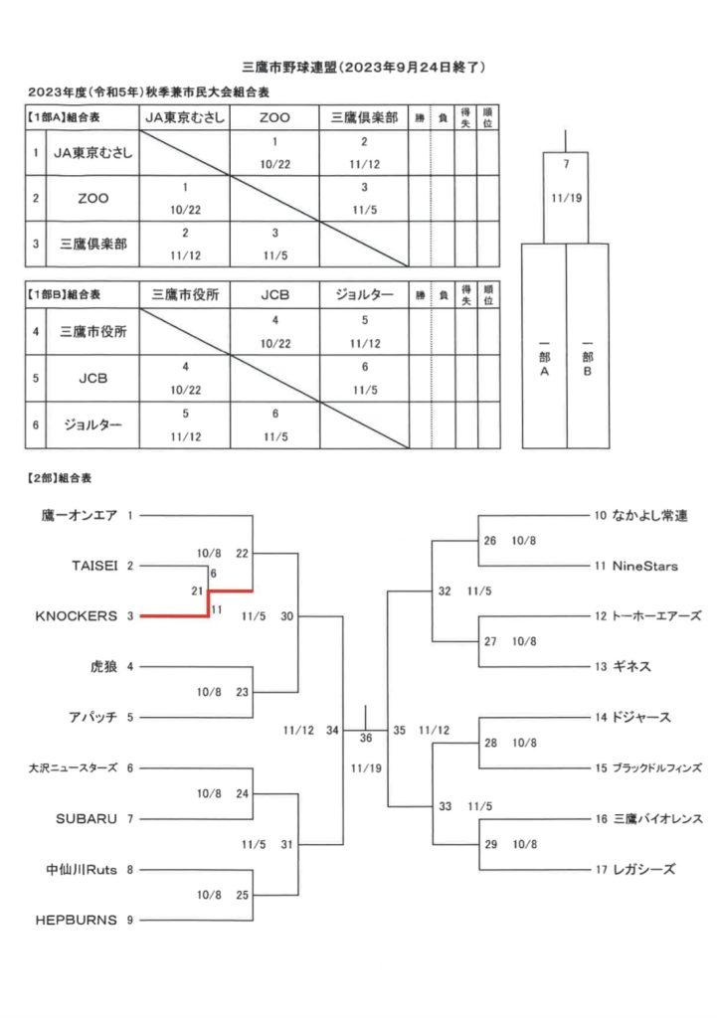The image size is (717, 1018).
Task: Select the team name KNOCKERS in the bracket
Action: [77, 616]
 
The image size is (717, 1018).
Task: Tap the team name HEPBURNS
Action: [77, 920]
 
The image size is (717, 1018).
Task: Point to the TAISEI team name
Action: [95, 565]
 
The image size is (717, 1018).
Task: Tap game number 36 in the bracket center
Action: [366, 738]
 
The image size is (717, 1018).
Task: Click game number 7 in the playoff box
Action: [566, 163]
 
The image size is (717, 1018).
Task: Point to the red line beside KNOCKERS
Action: [174, 616]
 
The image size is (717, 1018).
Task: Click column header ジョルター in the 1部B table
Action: [364, 295]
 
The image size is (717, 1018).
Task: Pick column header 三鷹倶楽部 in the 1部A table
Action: [364, 117]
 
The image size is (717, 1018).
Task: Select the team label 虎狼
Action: [103, 666]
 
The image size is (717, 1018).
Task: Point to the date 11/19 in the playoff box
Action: [566, 197]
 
